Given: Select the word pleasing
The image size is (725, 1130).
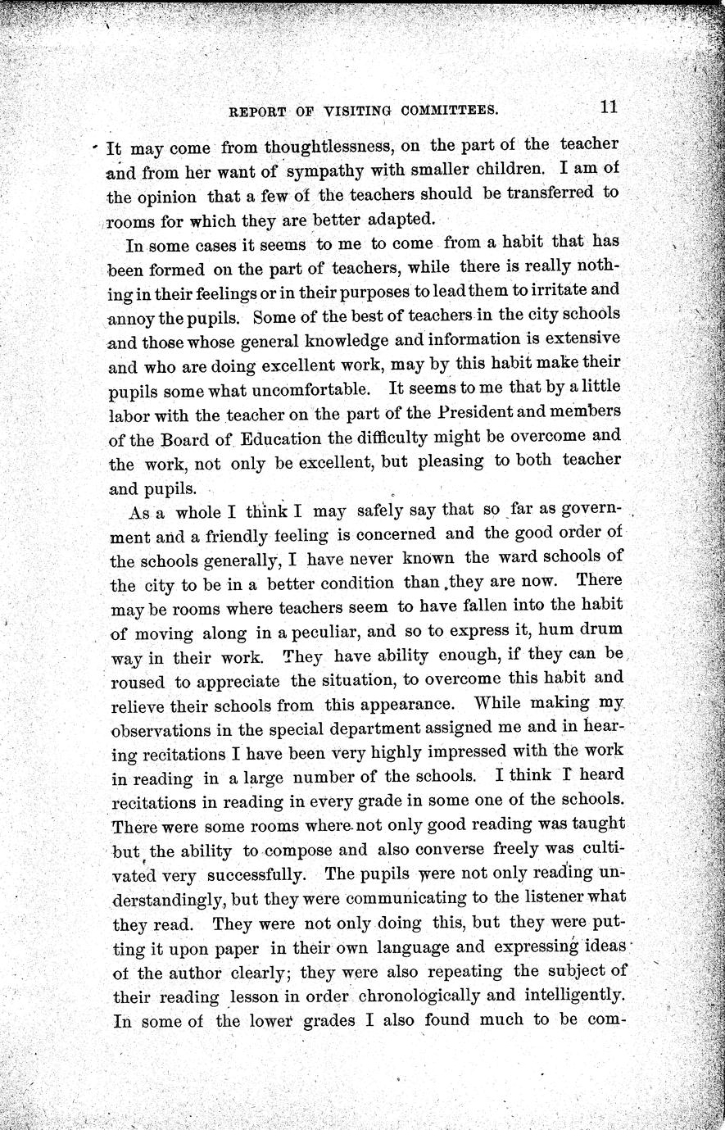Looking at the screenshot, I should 451,461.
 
